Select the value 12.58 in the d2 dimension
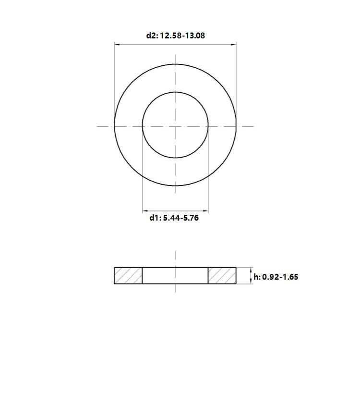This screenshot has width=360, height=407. [x=171, y=35]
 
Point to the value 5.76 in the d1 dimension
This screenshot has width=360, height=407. [x=191, y=218]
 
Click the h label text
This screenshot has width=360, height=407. [x=257, y=277]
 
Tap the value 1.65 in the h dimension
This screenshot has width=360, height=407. [x=290, y=277]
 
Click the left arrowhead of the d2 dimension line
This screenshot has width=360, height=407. [x=117, y=45]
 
